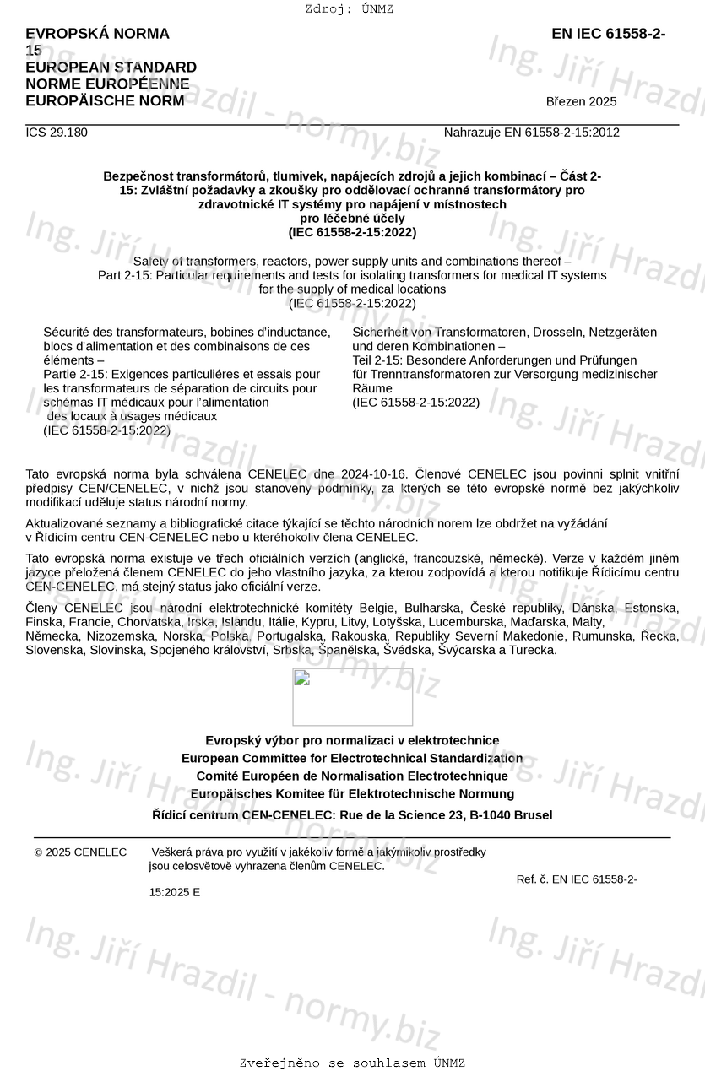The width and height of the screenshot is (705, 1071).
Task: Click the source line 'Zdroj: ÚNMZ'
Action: pos(349,9)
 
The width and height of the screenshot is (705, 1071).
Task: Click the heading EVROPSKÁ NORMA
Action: pos(97,34)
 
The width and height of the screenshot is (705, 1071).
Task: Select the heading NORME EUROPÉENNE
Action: pos(107,84)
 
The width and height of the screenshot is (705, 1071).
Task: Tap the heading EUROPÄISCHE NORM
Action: pos(105,101)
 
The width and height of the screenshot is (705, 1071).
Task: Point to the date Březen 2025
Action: pos(581,102)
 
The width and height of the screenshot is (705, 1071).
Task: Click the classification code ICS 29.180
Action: pos(57,133)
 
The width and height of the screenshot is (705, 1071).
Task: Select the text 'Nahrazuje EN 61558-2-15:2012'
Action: pos(531,133)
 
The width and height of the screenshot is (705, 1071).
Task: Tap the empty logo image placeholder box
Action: pos(352,697)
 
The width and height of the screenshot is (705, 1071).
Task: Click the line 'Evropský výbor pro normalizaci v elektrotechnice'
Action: pos(352,740)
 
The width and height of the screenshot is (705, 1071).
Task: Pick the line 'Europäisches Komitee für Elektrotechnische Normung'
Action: pos(352,794)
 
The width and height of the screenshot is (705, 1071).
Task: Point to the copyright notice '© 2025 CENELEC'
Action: pos(80,852)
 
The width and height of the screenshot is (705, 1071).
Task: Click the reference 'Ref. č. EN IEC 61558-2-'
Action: pos(577,879)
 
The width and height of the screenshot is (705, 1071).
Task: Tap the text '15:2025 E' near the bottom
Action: pos(175,892)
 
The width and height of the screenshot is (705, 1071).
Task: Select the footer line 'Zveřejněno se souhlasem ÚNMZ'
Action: pos(352,1063)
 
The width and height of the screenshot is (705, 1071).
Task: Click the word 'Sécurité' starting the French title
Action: pos(68,333)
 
